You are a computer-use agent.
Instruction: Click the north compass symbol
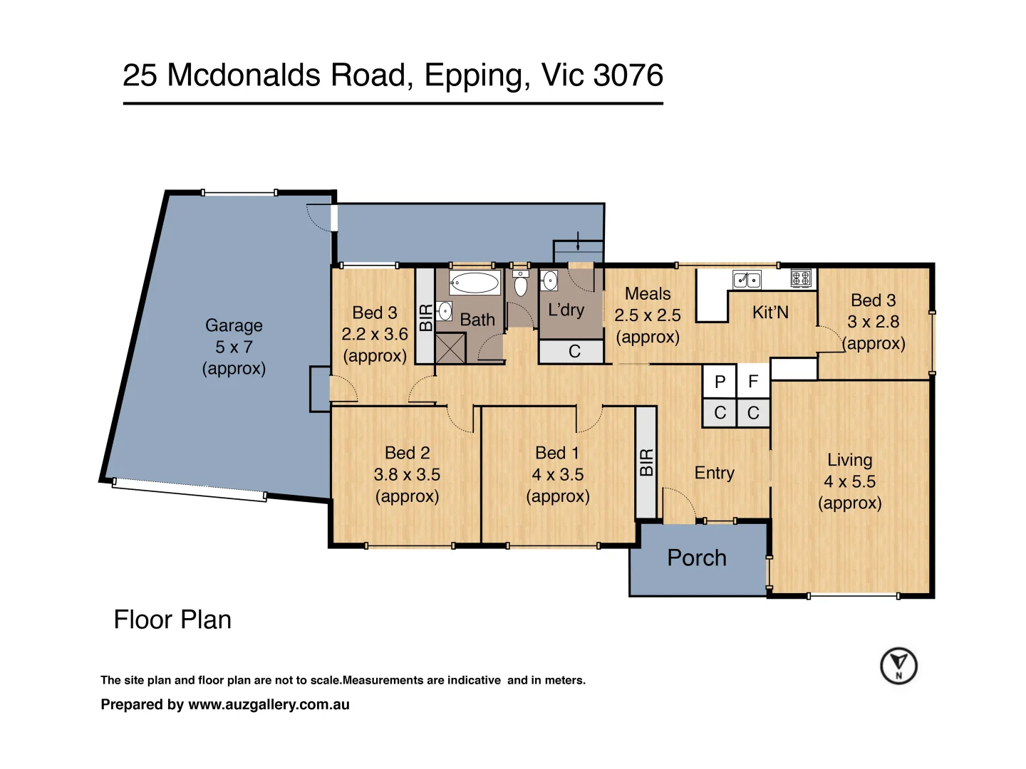pyautogui.click(x=898, y=665)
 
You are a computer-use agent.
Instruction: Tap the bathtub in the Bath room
pyautogui.click(x=474, y=283)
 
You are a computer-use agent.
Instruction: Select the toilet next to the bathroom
pyautogui.click(x=520, y=283)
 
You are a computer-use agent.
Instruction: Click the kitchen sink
pyautogui.click(x=747, y=279)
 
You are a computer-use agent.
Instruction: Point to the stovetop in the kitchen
pyautogui.click(x=800, y=278)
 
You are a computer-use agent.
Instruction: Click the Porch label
pyautogui.click(x=696, y=558)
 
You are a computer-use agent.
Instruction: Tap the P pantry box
pyautogui.click(x=720, y=381)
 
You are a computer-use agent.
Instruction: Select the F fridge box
pyautogui.click(x=753, y=381)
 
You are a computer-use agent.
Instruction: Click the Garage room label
pyautogui.click(x=234, y=325)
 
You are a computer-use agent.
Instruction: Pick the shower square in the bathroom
pyautogui.click(x=450, y=348)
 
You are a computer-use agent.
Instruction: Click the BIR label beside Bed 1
pyautogui.click(x=646, y=462)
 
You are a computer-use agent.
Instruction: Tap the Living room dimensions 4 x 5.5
pyautogui.click(x=849, y=481)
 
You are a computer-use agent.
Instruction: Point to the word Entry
pyautogui.click(x=714, y=473)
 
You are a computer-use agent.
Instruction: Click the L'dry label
pyautogui.click(x=566, y=309)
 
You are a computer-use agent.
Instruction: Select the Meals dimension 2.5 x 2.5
pyautogui.click(x=648, y=315)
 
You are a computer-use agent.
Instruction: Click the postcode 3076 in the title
pyautogui.click(x=628, y=75)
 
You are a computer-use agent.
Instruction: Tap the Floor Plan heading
pyautogui.click(x=172, y=619)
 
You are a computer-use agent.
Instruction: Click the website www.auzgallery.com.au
pyautogui.click(x=269, y=704)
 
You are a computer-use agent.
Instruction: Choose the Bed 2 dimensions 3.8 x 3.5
pyautogui.click(x=407, y=474)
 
